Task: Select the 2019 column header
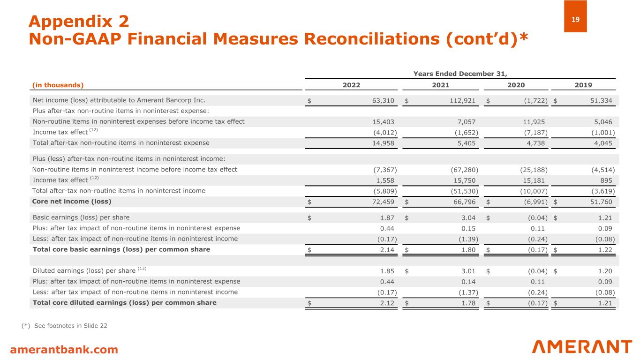[583, 85]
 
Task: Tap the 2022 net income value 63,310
[383, 100]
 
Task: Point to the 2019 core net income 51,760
[602, 202]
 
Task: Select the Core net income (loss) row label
[71, 202]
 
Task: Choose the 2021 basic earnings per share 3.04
[467, 217]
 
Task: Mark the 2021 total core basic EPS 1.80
[467, 250]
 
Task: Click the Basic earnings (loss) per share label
[81, 217]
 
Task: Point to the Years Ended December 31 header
[460, 73]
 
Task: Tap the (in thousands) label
[57, 85]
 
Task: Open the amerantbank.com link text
[64, 349]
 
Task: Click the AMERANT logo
[582, 347]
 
